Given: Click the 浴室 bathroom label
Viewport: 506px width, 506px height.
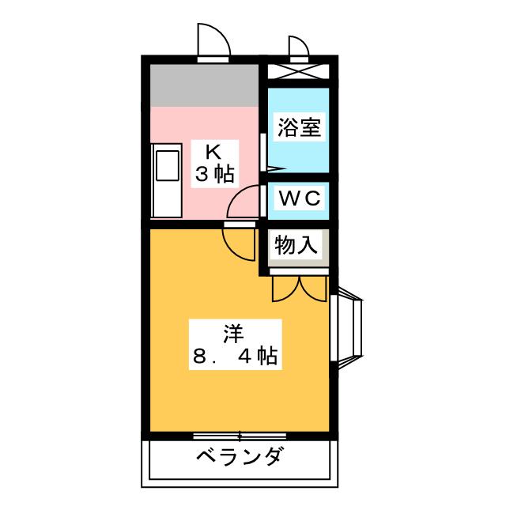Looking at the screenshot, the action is (x=299, y=127).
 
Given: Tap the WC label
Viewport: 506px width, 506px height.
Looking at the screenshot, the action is (x=300, y=198).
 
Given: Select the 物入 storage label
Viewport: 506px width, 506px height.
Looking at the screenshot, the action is (x=296, y=245).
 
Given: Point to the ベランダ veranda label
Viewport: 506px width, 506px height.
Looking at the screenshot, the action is (x=240, y=456).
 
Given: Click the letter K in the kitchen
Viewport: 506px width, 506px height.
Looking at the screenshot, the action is (x=213, y=153).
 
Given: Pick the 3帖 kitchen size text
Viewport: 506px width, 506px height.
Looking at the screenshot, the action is (x=214, y=174).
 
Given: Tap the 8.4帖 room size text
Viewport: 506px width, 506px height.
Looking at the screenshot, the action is (x=235, y=357).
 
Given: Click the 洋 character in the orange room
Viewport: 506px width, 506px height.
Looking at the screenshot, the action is (x=234, y=334).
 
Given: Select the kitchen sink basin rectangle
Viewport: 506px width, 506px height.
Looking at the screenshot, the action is (x=168, y=165).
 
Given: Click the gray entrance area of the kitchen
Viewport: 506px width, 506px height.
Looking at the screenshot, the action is (x=205, y=85).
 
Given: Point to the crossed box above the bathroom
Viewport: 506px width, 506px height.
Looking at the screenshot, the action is (x=299, y=71).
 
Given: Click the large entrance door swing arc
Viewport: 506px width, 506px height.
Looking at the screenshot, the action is (x=213, y=40).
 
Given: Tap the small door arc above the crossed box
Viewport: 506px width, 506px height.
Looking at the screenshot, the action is (x=299, y=47).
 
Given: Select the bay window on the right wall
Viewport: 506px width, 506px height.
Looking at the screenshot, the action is (x=346, y=328).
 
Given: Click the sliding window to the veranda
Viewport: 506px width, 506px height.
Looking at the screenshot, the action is (x=240, y=436).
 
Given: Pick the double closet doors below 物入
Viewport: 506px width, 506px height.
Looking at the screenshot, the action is (x=300, y=289).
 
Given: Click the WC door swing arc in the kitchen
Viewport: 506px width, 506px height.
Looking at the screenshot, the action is (x=244, y=202).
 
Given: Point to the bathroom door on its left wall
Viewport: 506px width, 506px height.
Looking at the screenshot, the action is (x=263, y=153).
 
